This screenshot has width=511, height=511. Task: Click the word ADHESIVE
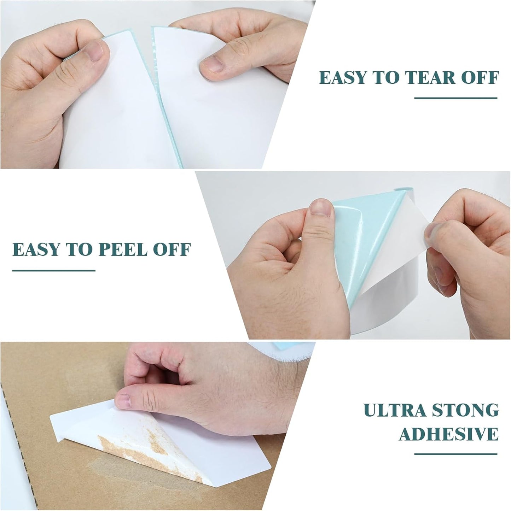448,434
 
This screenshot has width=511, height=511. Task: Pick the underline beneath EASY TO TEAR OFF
455,98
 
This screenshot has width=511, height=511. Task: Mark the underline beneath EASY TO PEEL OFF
54,271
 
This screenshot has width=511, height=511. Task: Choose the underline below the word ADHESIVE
455,454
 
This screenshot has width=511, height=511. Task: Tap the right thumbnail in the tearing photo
212,64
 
